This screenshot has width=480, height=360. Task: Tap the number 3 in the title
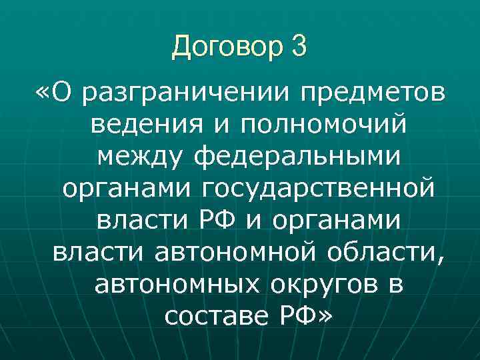point(299,46)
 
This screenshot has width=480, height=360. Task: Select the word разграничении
point(189,95)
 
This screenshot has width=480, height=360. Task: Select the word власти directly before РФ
point(136,220)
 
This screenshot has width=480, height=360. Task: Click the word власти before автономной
point(99,253)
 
